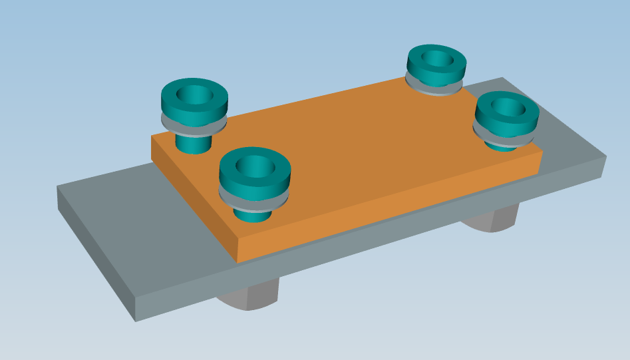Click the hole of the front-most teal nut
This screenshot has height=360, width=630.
point(254,166)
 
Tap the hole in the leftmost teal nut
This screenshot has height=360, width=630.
point(194,95)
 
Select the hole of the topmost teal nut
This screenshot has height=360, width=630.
point(437,59)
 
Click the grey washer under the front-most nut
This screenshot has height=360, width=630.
point(255,200)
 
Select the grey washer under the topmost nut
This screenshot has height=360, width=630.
point(434,88)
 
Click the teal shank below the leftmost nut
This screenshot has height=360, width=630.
point(193,144)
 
